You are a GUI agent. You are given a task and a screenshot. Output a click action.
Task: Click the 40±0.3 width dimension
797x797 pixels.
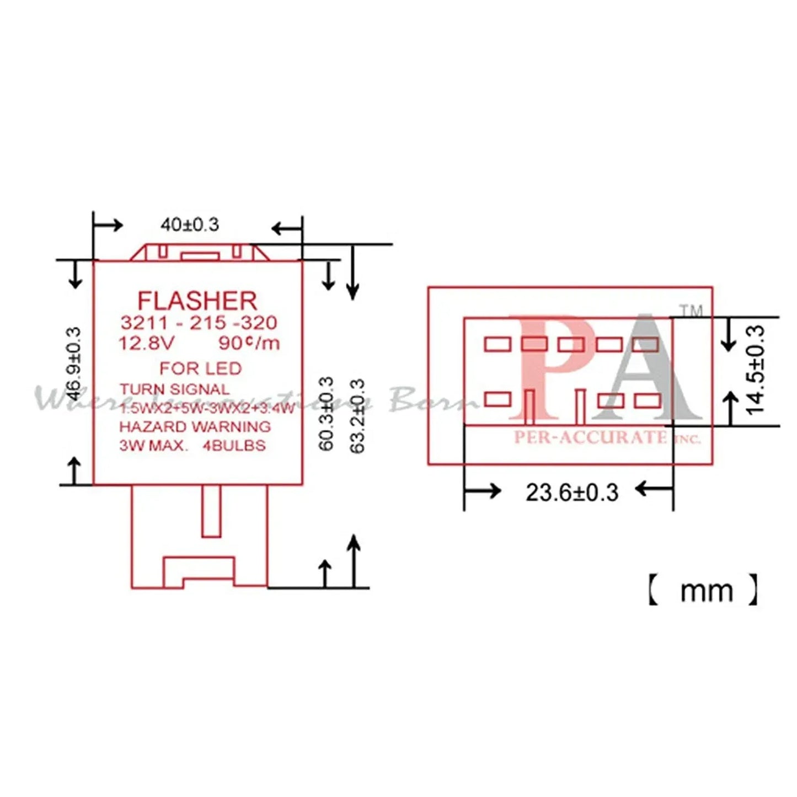tap(190, 224)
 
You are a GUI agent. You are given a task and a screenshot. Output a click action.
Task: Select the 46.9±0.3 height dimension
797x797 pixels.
tap(73, 364)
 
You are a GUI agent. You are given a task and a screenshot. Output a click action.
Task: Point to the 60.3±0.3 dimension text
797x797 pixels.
tap(327, 414)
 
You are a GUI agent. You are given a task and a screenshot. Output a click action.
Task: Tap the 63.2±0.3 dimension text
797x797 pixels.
tap(357, 416)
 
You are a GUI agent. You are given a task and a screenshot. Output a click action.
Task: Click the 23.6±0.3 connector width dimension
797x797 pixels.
tap(572, 492)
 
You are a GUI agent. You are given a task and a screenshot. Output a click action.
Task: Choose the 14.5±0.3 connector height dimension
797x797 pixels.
tap(756, 370)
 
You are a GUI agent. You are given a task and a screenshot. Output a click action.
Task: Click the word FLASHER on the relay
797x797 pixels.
tap(197, 301)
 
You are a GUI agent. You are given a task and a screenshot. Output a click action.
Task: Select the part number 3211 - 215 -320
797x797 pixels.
tap(199, 323)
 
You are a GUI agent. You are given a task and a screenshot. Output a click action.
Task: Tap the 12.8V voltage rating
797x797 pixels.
tap(146, 343)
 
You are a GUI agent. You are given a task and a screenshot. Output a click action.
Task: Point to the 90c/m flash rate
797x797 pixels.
tap(249, 343)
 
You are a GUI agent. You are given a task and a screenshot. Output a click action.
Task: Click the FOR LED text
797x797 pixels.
tap(201, 368)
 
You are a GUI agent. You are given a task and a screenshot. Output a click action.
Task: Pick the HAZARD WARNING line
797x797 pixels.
tap(195, 427)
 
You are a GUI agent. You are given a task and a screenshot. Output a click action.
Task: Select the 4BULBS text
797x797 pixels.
tap(234, 446)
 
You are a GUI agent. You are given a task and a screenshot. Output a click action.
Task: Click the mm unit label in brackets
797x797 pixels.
tap(706, 591)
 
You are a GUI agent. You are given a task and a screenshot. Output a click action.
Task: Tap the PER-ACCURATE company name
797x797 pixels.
tap(590, 437)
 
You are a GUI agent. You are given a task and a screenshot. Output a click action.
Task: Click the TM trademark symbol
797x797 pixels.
tap(691, 311)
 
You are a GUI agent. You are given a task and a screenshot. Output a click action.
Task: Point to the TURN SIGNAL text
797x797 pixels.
tap(174, 389)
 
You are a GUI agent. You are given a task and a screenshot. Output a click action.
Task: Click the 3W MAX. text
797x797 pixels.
tap(154, 446)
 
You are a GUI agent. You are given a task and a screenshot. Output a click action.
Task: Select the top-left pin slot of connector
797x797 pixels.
tap(498, 344)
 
